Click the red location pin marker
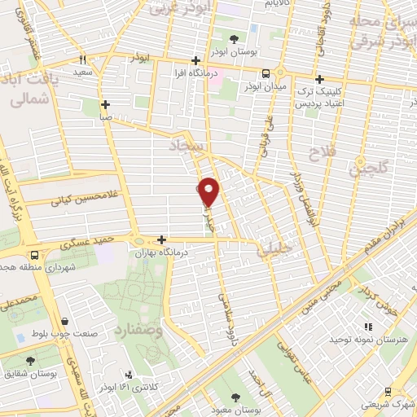coord(209,191)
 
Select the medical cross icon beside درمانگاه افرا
coord(195,61)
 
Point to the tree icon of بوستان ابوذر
coord(234,38)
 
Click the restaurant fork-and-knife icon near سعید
coord(83,59)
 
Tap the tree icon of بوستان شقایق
coord(31,361)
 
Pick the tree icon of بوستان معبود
coord(235,397)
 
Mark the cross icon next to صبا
coord(106,105)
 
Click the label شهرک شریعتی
coord(385,404)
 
